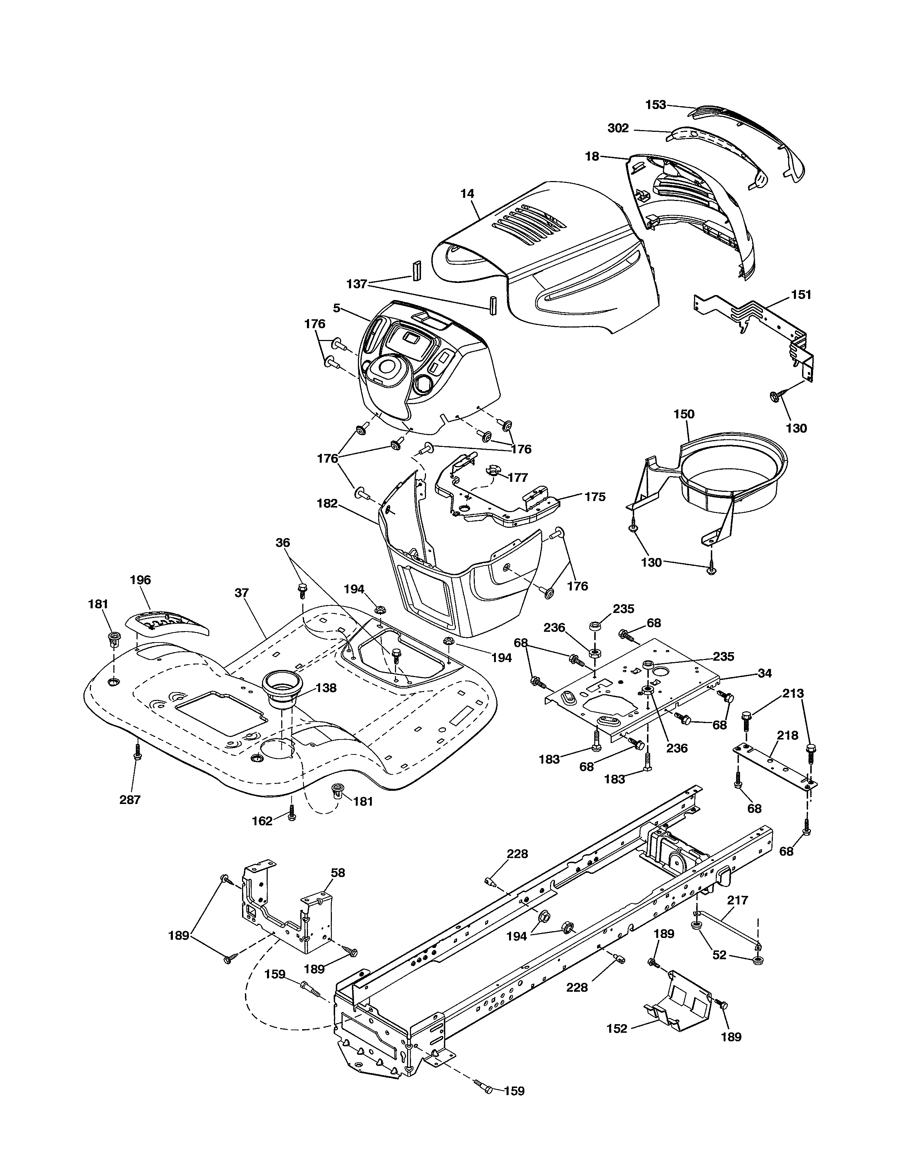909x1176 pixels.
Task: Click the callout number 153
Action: point(655,105)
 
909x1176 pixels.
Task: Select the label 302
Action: point(618,128)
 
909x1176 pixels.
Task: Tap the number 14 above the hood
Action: point(467,193)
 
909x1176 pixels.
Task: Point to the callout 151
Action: point(801,295)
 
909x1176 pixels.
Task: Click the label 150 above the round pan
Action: point(684,414)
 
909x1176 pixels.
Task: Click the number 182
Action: point(327,504)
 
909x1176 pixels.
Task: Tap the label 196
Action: point(140,580)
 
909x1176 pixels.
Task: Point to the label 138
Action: point(326,688)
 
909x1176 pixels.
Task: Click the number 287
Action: point(130,800)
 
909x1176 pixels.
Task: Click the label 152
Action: point(617,1028)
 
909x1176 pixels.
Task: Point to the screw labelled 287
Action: point(137,752)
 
